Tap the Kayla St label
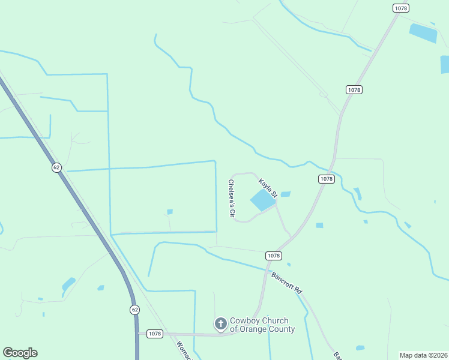point(267,187)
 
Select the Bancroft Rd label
point(286,283)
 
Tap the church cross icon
point(221,324)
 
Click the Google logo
point(20,353)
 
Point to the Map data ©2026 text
point(423,355)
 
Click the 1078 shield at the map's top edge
point(401,8)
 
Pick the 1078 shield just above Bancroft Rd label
point(273,256)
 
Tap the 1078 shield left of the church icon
point(154,334)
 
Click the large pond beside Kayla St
point(262,200)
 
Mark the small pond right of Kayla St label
point(286,194)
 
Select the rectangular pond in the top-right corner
point(423,32)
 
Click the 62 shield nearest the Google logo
point(134,310)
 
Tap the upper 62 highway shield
point(56,167)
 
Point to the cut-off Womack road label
point(184,350)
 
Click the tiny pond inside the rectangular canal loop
point(170,211)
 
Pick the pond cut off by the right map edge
point(445,64)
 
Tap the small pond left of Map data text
point(360,347)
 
